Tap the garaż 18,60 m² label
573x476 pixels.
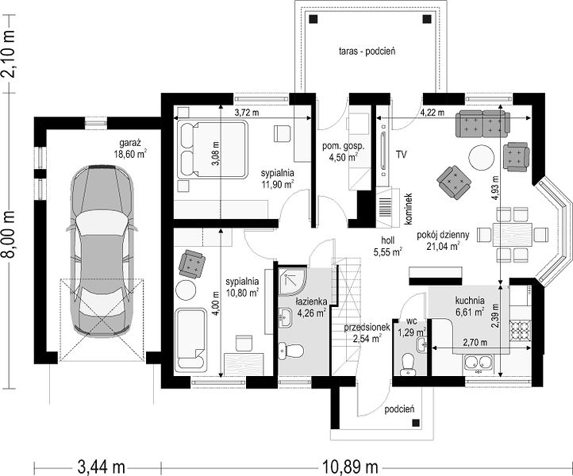click(130, 148)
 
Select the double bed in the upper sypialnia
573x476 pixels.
click(213, 150)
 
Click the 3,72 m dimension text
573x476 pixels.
click(246, 113)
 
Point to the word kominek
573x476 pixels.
click(409, 209)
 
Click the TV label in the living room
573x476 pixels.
click(401, 155)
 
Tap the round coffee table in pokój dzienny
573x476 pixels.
click(482, 158)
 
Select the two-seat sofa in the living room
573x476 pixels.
click(483, 124)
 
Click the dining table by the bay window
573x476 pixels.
click(513, 234)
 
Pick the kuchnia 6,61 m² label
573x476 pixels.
click(470, 306)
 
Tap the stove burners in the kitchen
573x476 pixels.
click(520, 331)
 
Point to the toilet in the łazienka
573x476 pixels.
click(291, 351)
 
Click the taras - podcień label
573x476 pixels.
click(367, 51)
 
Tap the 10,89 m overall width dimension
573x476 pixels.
click(350, 466)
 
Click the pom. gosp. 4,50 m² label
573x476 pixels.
click(343, 152)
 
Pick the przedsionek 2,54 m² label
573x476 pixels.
click(367, 332)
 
